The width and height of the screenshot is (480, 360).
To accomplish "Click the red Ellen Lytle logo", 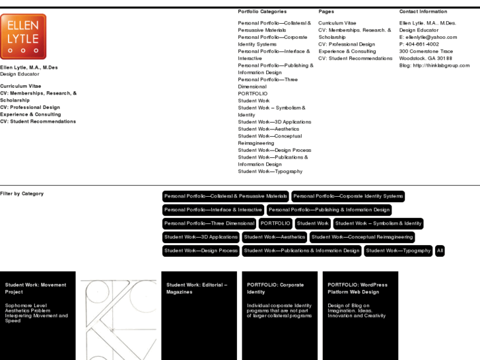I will [23, 36].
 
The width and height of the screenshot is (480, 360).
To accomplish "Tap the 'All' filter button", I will [440, 251].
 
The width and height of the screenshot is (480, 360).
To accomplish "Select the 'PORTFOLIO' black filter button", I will [275, 224].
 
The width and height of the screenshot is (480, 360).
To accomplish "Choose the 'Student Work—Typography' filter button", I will [398, 251].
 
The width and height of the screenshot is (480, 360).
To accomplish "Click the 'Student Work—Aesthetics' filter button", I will [275, 237].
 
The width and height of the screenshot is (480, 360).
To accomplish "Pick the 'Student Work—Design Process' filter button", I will [201, 251].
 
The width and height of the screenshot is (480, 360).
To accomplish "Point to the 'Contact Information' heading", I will [423, 12].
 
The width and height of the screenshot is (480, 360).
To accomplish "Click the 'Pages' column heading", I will [326, 12].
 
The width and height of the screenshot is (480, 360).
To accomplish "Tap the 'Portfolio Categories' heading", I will [262, 12].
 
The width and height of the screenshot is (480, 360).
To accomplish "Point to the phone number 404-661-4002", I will [423, 44].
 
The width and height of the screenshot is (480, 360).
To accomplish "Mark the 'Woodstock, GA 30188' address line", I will [426, 58].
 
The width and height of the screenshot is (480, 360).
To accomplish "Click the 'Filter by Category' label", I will [22, 194].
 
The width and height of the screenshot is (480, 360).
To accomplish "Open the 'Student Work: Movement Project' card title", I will [36, 289].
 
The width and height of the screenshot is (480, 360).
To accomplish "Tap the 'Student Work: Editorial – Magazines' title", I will [197, 289].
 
